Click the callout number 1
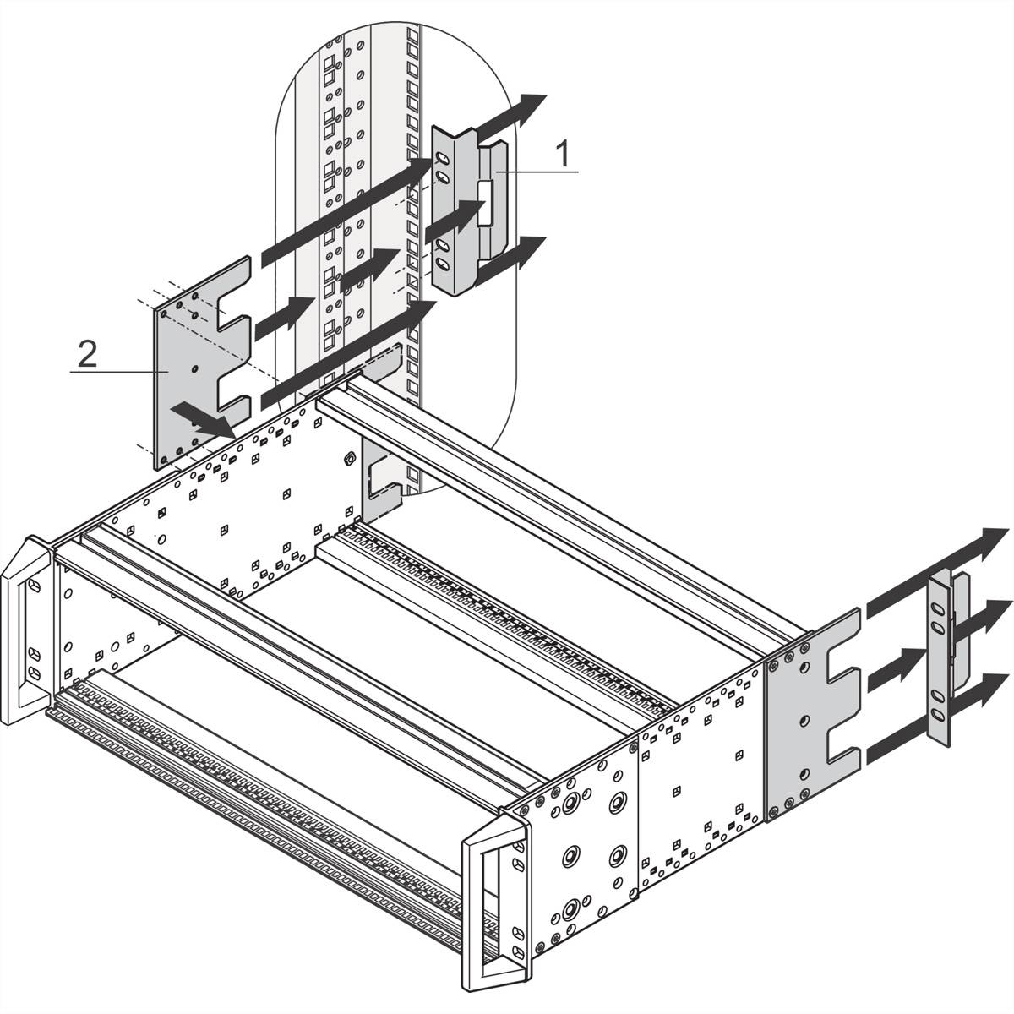pyautogui.click(x=561, y=154)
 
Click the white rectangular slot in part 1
pyautogui.click(x=484, y=202)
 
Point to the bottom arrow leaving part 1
pyautogui.click(x=507, y=259)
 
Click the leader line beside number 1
pyautogui.click(x=541, y=172)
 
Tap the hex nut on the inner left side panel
pyautogui.click(x=348, y=460)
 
